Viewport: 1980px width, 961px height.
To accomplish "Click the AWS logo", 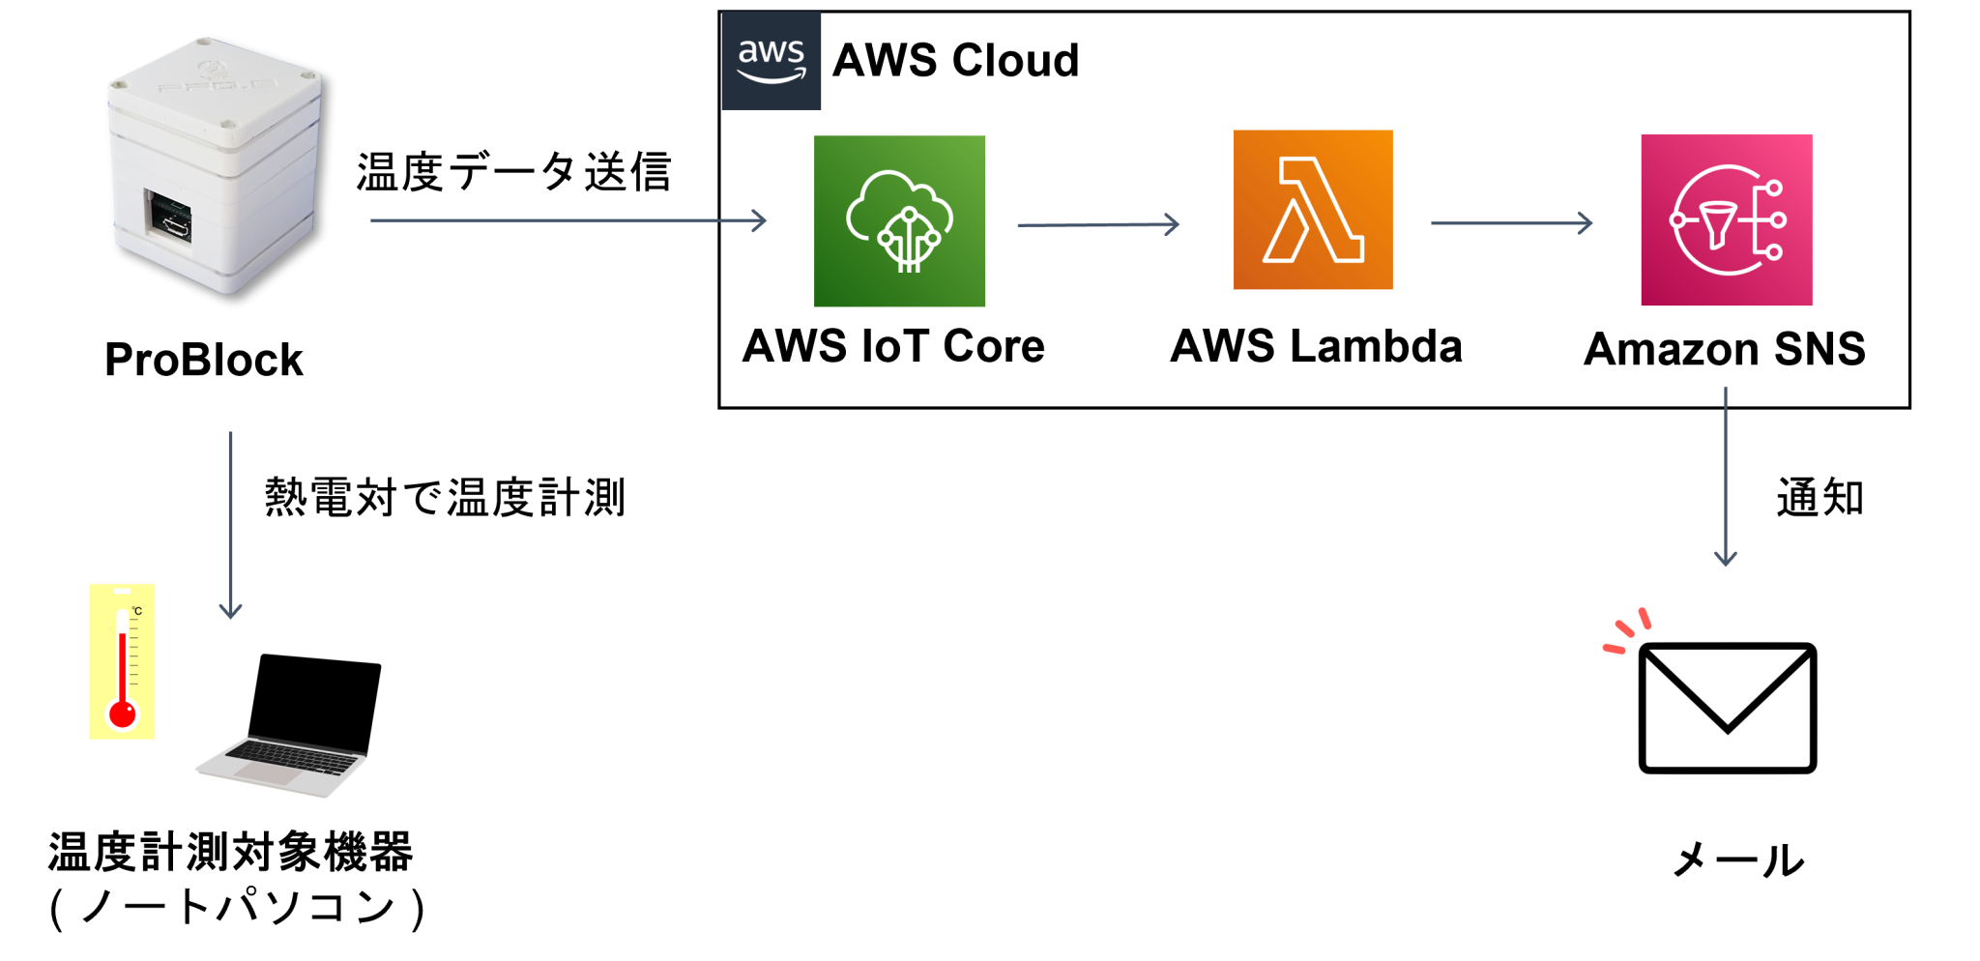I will coord(771,61).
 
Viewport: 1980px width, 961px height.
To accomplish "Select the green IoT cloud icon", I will coord(899,221).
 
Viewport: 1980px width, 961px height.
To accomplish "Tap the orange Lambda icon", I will coord(1313,210).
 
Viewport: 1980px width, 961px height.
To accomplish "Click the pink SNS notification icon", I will coord(1726,220).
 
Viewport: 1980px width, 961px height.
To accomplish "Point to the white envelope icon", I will coord(1727,709).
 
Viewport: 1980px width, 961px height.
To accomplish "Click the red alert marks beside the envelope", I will coord(1629,629).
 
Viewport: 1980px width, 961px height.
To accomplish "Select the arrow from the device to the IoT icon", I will coord(568,220).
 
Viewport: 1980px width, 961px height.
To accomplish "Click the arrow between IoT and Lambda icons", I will coord(1097,224).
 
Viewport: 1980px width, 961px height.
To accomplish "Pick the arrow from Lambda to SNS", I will coord(1511,223).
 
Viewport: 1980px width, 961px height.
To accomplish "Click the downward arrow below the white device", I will coord(230,524).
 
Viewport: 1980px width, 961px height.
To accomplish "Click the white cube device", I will coord(215,164).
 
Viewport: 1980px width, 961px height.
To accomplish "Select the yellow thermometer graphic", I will coord(122,661).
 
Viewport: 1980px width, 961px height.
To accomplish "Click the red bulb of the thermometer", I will coord(123,713).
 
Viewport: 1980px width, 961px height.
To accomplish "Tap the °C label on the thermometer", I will coord(137,611).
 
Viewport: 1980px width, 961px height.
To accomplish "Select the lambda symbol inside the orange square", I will coord(1313,210).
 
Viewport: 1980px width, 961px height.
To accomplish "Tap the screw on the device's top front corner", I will coord(228,124).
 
